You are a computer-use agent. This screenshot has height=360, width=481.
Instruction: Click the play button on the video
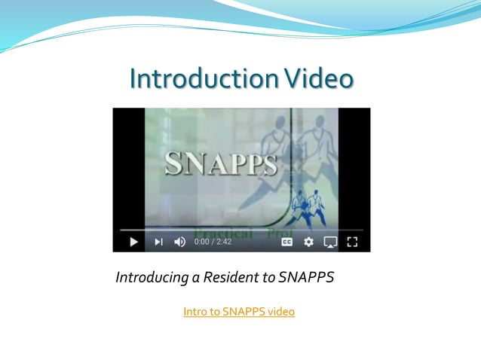tap(134, 242)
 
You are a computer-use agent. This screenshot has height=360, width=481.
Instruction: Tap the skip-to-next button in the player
tap(158, 242)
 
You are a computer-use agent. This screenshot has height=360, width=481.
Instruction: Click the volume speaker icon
tap(179, 242)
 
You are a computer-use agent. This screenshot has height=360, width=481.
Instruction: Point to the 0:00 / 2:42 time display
tap(213, 242)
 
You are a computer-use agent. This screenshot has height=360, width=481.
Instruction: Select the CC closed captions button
tap(287, 242)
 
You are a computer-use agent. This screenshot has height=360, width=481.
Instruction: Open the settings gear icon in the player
tap(308, 242)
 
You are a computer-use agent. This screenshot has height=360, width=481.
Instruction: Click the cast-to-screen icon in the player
tap(330, 242)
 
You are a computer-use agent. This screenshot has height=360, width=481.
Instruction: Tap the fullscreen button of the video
tap(352, 242)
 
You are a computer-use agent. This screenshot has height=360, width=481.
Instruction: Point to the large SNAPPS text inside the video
tap(221, 164)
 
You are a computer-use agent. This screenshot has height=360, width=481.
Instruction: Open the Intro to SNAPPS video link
tap(238, 312)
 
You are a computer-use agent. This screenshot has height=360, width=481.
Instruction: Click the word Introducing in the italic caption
tap(151, 278)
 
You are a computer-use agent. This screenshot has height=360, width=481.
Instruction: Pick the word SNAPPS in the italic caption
tap(305, 278)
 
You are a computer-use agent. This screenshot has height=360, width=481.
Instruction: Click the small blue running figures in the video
tap(306, 208)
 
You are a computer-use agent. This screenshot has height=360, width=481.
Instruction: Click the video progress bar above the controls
tap(241, 230)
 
